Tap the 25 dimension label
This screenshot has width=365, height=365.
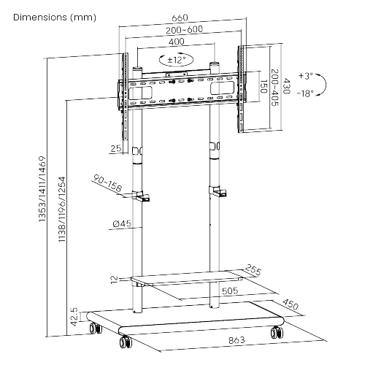coord(114,149)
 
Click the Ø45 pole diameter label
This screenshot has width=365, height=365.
coord(121,224)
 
